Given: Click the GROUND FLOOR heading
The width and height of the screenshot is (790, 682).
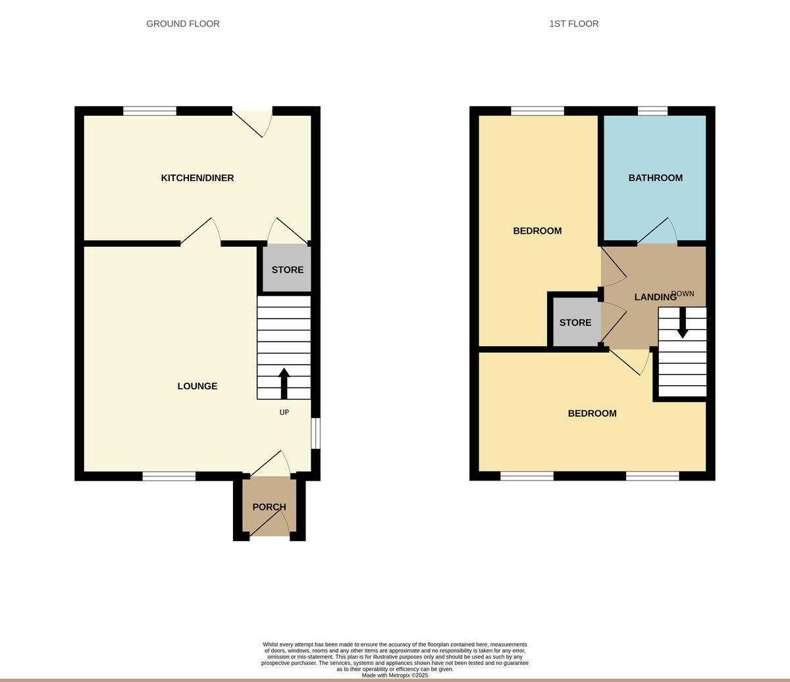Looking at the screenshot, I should click(183, 24).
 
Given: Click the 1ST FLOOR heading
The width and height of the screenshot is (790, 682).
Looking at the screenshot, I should click(574, 24).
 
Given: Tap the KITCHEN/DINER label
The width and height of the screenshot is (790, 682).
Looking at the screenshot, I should click(197, 178).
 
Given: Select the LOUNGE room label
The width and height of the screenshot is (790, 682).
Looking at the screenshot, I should click(197, 386).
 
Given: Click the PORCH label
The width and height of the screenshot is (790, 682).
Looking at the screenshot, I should click(269, 507).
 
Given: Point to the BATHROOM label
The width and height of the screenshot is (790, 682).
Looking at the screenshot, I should click(655, 178).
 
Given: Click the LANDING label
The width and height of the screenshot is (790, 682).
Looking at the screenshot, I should click(654, 297).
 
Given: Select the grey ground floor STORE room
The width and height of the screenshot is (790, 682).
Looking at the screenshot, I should click(287, 269).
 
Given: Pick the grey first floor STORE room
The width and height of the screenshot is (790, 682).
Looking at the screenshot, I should click(576, 323).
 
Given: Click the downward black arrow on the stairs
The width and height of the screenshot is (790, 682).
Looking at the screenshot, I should click(683, 323).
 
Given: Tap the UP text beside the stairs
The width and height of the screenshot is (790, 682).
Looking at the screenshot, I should click(284, 413).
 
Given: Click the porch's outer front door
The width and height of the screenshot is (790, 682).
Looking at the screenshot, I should click(269, 524).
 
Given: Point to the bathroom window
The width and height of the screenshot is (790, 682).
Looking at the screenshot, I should click(652, 111).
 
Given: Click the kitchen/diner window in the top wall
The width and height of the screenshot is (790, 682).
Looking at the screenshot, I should click(149, 111).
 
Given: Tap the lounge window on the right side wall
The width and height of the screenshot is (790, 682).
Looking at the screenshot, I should click(315, 433).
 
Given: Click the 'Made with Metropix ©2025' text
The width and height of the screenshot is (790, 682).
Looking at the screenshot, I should click(395, 675).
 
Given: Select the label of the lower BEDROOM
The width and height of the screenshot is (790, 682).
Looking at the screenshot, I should click(592, 413).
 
